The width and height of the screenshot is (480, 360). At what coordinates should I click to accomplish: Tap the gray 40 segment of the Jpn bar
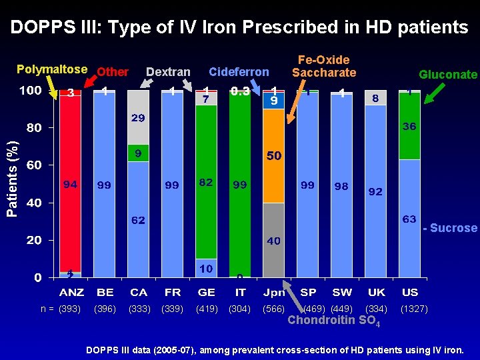(x=273, y=240)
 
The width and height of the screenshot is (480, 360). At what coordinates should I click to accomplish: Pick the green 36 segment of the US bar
(x=409, y=127)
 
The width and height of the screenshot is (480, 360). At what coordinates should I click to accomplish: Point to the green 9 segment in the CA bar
(x=138, y=153)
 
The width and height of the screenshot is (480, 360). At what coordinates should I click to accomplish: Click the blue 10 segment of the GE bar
(x=207, y=267)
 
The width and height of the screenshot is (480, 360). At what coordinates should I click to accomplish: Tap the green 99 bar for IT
(x=240, y=184)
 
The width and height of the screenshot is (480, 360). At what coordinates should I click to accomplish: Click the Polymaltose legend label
(x=51, y=69)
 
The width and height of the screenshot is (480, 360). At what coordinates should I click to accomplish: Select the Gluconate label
(x=447, y=75)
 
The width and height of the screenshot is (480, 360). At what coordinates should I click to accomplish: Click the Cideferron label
(x=239, y=71)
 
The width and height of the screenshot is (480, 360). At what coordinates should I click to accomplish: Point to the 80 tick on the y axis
(x=33, y=127)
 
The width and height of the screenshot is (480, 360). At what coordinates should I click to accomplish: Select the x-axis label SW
(x=342, y=292)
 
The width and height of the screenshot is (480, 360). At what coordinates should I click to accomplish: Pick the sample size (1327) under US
(x=414, y=309)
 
